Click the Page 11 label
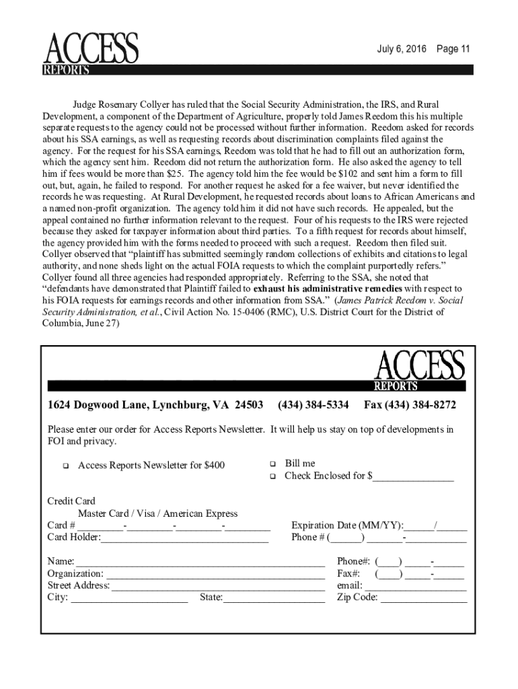(453, 49)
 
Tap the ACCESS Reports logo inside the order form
(419, 371)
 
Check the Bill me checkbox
(273, 464)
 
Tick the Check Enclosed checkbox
(273, 476)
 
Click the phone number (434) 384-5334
(313, 405)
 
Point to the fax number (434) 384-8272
(410, 405)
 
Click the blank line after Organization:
(215, 575)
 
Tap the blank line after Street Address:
(217, 587)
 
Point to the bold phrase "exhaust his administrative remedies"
(320, 288)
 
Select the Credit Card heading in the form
(71, 501)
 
